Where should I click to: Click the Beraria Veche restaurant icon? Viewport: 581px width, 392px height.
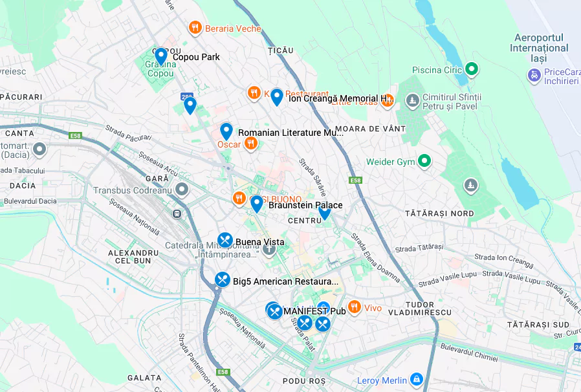(x=195, y=28)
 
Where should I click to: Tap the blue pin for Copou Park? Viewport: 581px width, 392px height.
(x=161, y=56)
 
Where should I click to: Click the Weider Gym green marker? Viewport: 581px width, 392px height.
(x=424, y=161)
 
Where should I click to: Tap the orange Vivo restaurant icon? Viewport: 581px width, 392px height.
(x=354, y=307)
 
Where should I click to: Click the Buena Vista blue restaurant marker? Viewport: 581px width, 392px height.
(x=225, y=241)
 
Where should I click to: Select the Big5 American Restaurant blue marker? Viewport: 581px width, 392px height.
(x=223, y=280)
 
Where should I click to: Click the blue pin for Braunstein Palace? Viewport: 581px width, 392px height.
(x=256, y=204)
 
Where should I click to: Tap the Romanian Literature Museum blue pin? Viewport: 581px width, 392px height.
(x=226, y=131)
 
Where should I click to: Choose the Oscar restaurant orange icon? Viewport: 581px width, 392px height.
(x=250, y=144)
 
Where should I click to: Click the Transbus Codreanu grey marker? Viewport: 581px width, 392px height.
(x=182, y=190)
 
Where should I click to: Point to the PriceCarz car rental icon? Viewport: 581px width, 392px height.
(x=534, y=76)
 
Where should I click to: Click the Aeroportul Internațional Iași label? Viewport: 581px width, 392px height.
(x=538, y=48)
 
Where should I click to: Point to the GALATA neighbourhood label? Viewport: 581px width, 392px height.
(x=144, y=378)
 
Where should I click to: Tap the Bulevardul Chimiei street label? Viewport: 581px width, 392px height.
(x=459, y=356)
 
